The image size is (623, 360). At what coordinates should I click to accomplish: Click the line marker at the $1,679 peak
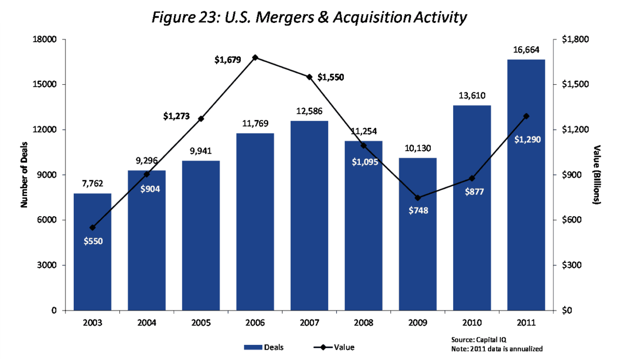(255, 58)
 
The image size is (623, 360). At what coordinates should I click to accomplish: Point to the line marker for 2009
(417, 198)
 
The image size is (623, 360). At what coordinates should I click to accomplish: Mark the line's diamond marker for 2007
(309, 77)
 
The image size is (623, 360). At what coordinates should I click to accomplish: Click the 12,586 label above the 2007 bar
(309, 111)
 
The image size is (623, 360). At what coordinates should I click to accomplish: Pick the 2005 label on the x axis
(200, 323)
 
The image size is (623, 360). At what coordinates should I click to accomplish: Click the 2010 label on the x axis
(471, 323)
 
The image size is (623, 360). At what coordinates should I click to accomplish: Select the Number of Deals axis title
(24, 175)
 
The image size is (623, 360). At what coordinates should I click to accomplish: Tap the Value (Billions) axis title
(597, 175)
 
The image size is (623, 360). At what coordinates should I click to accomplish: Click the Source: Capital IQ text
(475, 338)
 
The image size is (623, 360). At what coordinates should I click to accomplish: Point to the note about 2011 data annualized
(497, 348)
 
